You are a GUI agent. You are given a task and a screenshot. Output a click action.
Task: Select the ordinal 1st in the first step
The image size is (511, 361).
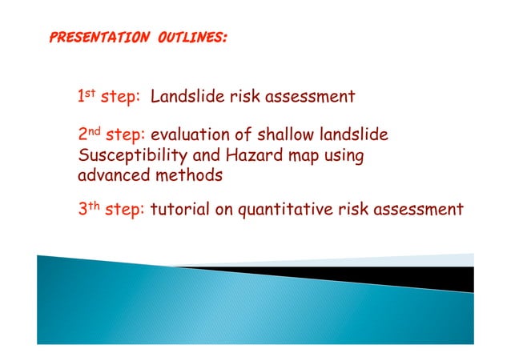click(x=87, y=98)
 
